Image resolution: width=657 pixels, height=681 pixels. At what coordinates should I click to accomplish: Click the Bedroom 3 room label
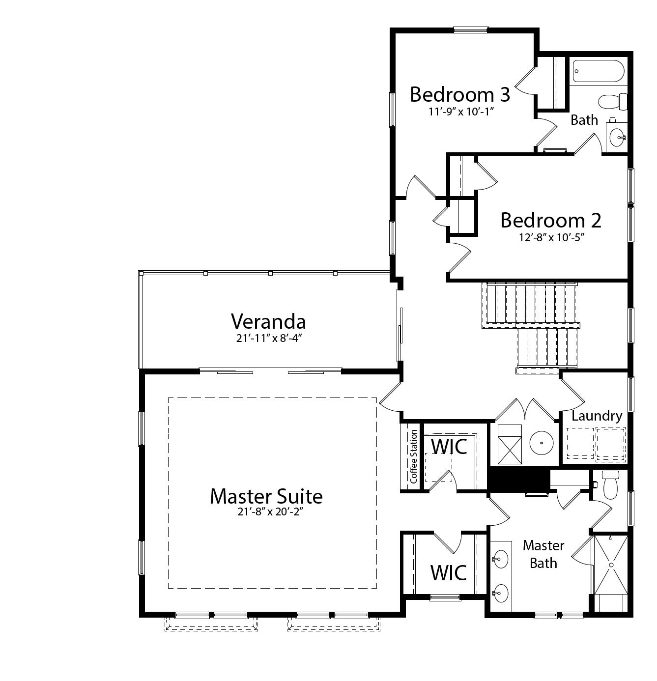[460, 94]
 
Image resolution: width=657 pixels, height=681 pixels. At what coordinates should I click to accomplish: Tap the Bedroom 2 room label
[550, 220]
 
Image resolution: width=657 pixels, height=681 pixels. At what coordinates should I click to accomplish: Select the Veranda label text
[268, 321]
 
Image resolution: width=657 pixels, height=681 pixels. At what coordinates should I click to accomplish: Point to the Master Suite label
[266, 496]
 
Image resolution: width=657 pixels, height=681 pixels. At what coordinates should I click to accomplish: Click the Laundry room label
[597, 416]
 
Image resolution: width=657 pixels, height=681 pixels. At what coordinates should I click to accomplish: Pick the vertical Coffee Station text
[413, 456]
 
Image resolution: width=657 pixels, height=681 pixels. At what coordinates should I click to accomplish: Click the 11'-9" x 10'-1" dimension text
[460, 111]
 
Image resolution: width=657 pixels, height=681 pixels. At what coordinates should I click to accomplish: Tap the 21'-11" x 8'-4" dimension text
[268, 338]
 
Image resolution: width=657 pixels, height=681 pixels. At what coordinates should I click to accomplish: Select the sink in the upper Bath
[617, 137]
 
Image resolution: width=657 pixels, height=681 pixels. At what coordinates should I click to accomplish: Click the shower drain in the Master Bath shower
[611, 566]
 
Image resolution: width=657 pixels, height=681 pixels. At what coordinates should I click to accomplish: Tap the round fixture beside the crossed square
[541, 442]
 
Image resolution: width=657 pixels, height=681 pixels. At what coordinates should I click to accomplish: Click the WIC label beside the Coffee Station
[448, 446]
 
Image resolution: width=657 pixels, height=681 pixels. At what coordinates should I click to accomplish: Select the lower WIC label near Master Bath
[448, 572]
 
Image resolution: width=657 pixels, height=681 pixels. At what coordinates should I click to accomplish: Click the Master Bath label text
[543, 554]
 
